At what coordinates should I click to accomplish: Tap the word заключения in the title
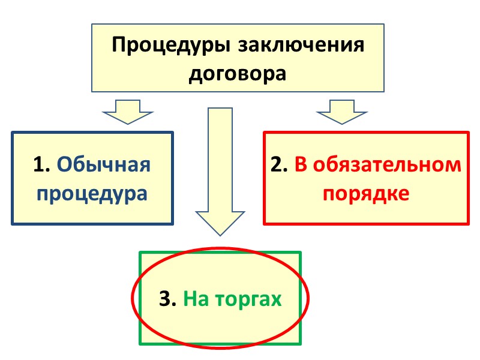(x=300, y=46)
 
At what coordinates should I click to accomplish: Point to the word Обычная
(x=104, y=164)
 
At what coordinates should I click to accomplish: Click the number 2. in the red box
(x=279, y=165)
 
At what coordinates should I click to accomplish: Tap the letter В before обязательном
(x=300, y=165)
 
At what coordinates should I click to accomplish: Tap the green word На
(x=196, y=298)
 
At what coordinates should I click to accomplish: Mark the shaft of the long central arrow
(x=219, y=156)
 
